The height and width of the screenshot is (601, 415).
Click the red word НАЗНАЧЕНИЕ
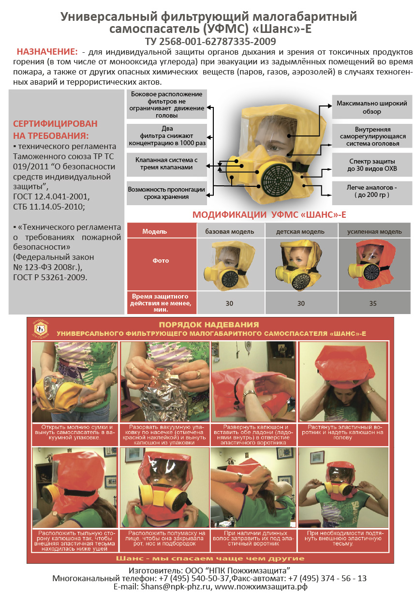click(x=47, y=51)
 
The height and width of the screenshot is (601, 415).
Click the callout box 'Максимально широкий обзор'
click(x=372, y=107)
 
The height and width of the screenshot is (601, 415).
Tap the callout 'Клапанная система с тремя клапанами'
click(x=166, y=164)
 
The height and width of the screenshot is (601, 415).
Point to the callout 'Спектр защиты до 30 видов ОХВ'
click(x=372, y=165)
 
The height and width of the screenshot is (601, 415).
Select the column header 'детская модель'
click(x=300, y=231)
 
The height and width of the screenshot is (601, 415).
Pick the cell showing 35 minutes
click(x=372, y=303)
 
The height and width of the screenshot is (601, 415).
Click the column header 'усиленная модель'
click(x=374, y=231)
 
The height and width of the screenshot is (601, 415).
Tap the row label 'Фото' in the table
click(x=161, y=260)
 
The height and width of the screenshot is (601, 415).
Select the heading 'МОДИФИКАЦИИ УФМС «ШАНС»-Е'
click(x=269, y=214)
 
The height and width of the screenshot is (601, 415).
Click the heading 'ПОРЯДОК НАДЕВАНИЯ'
click(x=208, y=324)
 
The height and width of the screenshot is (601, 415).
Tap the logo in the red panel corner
click(x=40, y=328)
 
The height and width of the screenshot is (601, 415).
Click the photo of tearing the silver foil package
click(x=164, y=381)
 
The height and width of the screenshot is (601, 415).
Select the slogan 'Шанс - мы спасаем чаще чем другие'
click(x=210, y=558)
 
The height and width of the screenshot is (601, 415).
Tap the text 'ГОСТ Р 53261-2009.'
click(x=50, y=277)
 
